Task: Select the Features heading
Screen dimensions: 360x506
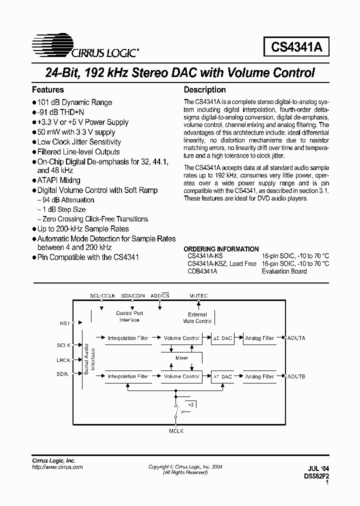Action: [x=48, y=90]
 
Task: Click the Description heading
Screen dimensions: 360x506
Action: [x=205, y=90]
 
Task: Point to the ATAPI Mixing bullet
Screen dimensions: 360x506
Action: [x=58, y=180]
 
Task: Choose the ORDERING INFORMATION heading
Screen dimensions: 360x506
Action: [x=221, y=249]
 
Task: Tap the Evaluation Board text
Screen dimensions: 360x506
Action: [x=284, y=271]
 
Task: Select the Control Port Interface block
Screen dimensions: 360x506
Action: [x=129, y=316]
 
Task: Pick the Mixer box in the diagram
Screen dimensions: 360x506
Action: [x=181, y=357]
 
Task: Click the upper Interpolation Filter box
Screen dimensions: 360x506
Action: [x=128, y=338]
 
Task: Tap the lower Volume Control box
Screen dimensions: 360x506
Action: [x=181, y=376]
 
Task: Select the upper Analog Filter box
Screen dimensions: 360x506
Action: [x=259, y=338]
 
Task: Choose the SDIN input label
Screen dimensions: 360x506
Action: [x=63, y=373]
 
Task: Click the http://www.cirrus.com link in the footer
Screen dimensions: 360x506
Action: [x=57, y=466]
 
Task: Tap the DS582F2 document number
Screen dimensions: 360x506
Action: [x=315, y=476]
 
